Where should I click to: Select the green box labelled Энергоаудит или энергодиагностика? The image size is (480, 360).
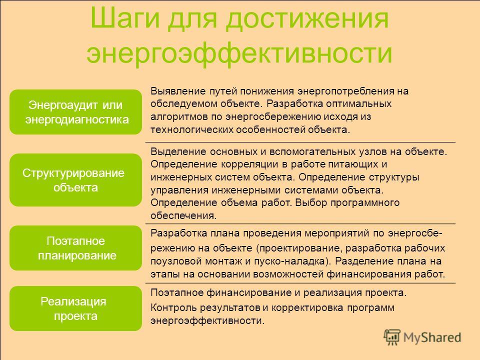coord(75,112)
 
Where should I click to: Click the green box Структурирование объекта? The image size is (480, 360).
coord(75,180)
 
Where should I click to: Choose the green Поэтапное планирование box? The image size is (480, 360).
coord(75,248)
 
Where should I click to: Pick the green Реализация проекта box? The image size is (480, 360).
coord(75,308)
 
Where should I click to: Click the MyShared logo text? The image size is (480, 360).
coord(432,337)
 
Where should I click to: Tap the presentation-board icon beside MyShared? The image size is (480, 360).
coord(392,337)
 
